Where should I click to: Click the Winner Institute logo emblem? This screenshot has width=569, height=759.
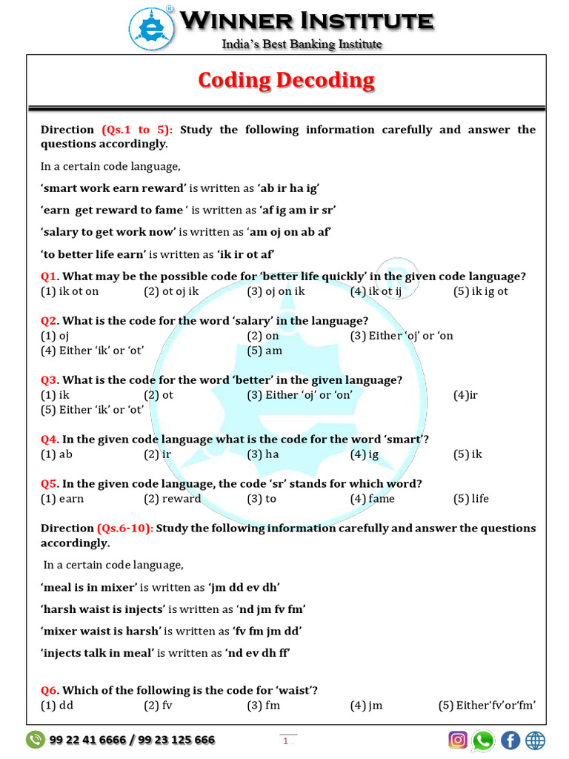152,28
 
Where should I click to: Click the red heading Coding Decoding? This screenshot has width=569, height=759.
286,80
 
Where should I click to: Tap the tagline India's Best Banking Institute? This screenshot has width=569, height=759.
302,44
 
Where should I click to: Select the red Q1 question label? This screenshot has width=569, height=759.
49,276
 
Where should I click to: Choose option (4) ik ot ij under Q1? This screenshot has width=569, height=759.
376,291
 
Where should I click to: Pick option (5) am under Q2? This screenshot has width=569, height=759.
264,351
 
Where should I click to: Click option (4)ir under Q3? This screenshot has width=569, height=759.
465,395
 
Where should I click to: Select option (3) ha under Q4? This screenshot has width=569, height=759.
263,454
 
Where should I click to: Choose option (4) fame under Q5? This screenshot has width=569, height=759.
373,499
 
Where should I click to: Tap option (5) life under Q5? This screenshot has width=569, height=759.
471,499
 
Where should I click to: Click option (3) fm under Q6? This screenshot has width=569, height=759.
264,705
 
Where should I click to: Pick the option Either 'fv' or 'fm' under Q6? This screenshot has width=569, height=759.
487,705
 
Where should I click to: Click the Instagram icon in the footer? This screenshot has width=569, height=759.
459,740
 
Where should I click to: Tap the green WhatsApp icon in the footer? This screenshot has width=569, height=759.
483,740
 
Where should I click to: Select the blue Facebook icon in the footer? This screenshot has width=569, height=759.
510,740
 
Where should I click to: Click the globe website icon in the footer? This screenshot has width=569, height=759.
535,740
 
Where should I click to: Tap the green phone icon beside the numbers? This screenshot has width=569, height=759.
35,740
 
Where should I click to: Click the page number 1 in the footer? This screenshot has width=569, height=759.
285,740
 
